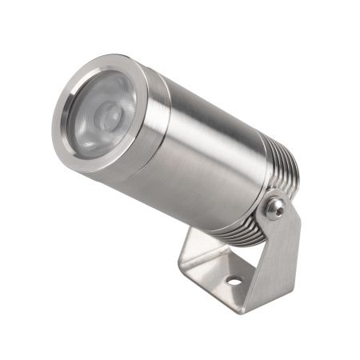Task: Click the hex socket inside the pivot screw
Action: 274,208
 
